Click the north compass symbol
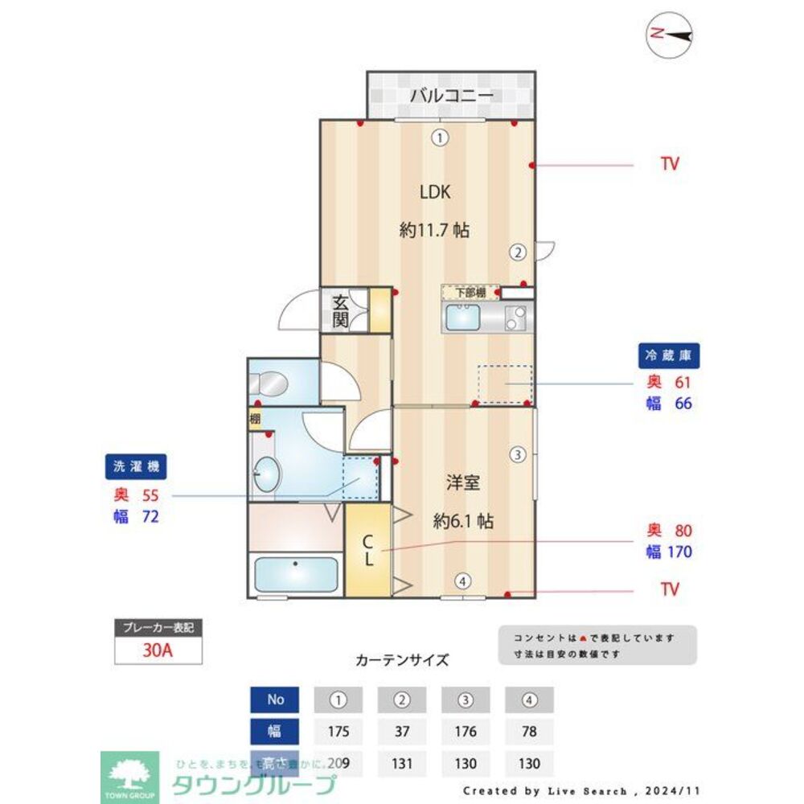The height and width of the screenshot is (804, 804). click(x=671, y=35)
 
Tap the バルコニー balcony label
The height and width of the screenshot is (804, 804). click(x=451, y=96)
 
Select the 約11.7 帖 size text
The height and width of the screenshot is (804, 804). click(x=434, y=231)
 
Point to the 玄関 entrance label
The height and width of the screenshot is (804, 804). click(x=341, y=311)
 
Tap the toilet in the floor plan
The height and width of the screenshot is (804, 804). click(x=270, y=384)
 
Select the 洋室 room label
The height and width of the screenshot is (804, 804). click(x=463, y=483)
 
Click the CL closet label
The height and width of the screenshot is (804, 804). click(x=367, y=550)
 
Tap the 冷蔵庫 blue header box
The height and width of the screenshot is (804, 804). click(x=669, y=355)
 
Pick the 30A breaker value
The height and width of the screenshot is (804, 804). click(x=158, y=650)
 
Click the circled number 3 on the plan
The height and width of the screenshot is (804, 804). click(x=519, y=454)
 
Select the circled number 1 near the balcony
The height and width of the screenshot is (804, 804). click(x=439, y=137)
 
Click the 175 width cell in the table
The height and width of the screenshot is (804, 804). click(x=338, y=732)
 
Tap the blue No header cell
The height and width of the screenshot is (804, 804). click(x=275, y=699)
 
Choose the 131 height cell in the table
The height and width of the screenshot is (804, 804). click(x=401, y=763)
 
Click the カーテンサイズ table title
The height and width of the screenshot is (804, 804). click(x=402, y=661)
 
